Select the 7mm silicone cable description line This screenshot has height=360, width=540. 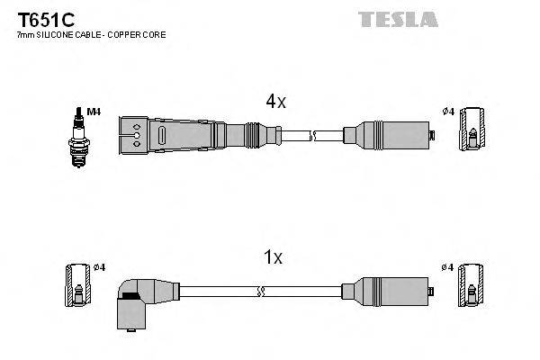91,34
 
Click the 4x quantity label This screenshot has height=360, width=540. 275,103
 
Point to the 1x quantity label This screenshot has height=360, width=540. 274,257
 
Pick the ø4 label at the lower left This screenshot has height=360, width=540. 99,267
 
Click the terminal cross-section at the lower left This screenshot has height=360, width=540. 78,286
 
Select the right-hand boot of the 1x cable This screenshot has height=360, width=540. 388,291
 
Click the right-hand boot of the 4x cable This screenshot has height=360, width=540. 388,136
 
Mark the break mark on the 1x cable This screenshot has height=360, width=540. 261,291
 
